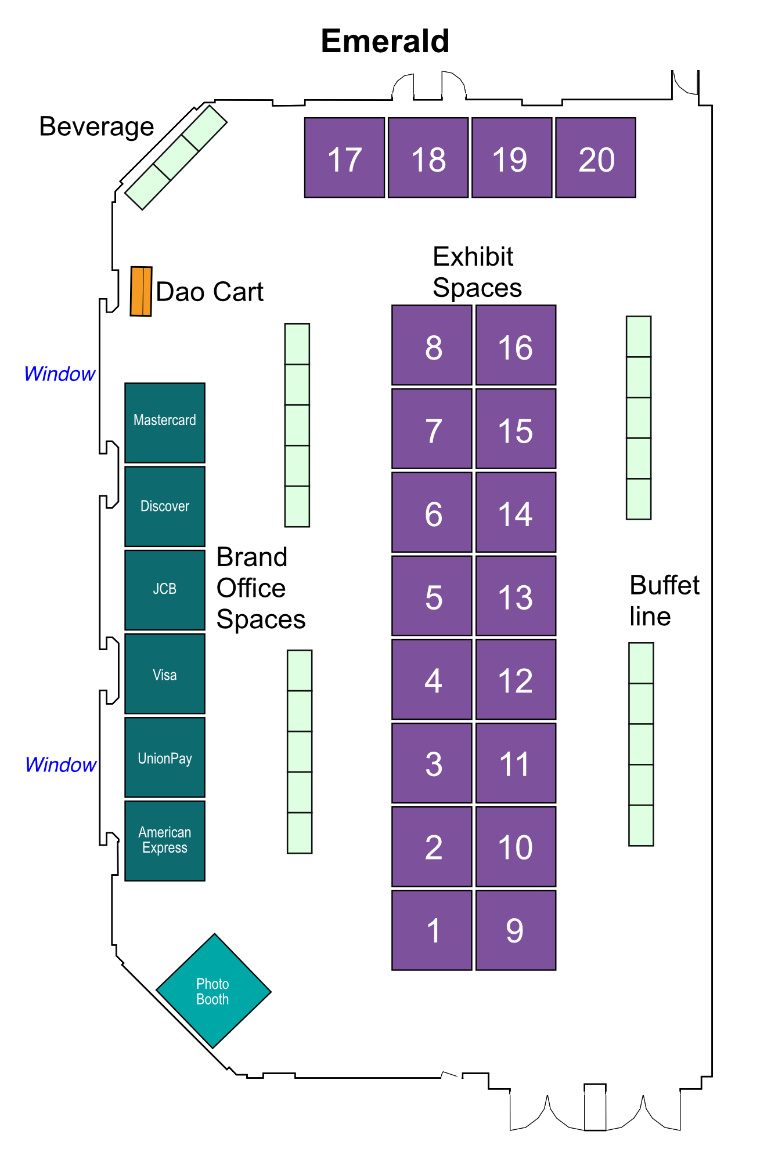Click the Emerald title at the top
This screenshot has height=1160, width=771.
coord(385,41)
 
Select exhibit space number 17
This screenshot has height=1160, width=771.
coord(344,158)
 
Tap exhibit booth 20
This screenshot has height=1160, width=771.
coord(596,158)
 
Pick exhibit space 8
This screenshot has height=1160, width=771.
coord(432,345)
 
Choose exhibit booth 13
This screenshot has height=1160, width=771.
coord(516,596)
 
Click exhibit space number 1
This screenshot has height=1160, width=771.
coord(432,930)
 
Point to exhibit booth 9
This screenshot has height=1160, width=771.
coord(516,930)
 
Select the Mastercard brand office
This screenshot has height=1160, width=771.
coord(165,423)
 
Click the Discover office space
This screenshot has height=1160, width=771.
coord(165,506)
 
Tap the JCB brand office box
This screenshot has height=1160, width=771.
coord(165,590)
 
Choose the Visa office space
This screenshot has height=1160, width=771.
coord(165,673)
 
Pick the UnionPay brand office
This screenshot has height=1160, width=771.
coord(165,757)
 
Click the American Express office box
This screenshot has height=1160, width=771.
coord(165,841)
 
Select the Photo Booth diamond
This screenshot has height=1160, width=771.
coord(214,991)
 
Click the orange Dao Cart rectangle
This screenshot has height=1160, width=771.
coord(141,291)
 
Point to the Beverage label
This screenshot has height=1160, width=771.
coord(96,126)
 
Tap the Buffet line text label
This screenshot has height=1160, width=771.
coord(664,601)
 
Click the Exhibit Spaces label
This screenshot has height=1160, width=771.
coord(477,272)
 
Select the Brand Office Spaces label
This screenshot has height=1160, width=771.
coord(261,588)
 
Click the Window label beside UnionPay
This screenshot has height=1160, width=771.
coord(60,764)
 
